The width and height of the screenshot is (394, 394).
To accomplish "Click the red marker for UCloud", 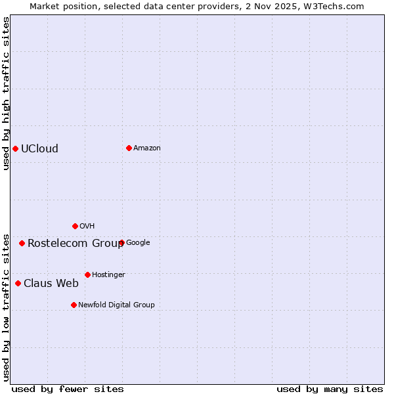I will pos(15,148).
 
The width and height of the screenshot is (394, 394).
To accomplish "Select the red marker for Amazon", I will pos(129,148).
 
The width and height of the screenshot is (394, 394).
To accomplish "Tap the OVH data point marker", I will pos(75,226).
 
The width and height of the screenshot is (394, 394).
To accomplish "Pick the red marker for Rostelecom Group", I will pos(22,243).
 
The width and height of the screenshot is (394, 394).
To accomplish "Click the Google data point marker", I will pos(121,242).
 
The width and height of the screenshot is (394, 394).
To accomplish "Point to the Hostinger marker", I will pos(87,274).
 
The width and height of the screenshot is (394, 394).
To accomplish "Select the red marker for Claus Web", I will pos(18,283).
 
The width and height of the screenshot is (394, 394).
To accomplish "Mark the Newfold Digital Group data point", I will pos(74,305).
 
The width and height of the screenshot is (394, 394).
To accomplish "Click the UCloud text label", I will pos(39,148).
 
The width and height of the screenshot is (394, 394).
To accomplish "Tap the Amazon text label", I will pos(147,148).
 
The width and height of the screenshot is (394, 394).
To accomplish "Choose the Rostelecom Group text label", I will pos(76,243).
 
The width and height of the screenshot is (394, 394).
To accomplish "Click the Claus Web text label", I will pos(51,283).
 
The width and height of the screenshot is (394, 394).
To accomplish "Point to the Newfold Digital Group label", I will pos(117,305).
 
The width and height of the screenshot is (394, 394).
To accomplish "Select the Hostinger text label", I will pos(108,274).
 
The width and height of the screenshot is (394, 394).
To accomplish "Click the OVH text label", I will pos(87,226).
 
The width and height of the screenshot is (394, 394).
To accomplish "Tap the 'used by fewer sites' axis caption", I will pos(68,389).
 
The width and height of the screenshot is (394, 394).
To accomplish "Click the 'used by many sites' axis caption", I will pos(330,389).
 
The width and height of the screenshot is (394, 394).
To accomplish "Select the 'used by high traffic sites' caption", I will pos(6,93).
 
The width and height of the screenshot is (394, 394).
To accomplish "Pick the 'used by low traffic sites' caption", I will pos(6,307).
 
